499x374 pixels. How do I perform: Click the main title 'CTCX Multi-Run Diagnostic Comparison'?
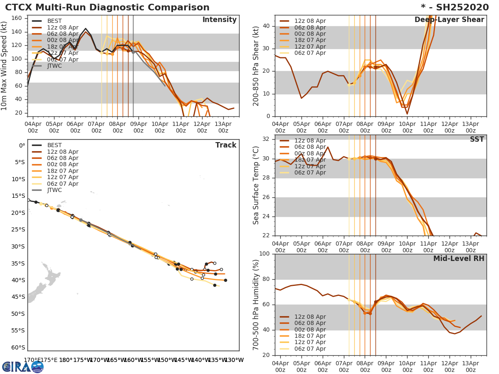[107, 7]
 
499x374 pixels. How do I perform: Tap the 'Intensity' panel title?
[219, 20]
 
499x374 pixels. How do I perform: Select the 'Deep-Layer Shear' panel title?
[449, 20]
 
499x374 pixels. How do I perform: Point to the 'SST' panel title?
[477, 140]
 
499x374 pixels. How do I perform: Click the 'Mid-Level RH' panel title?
[459, 259]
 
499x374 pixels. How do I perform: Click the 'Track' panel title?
[226, 145]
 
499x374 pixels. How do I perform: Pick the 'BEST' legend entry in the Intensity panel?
[54, 21]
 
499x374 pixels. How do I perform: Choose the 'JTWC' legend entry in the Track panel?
[54, 190]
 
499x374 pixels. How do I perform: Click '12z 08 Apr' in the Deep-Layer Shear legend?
[310, 21]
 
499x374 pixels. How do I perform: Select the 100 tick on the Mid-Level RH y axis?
[265, 254]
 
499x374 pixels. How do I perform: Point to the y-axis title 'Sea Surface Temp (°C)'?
[256, 185]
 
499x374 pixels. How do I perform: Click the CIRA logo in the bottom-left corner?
[23, 367]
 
